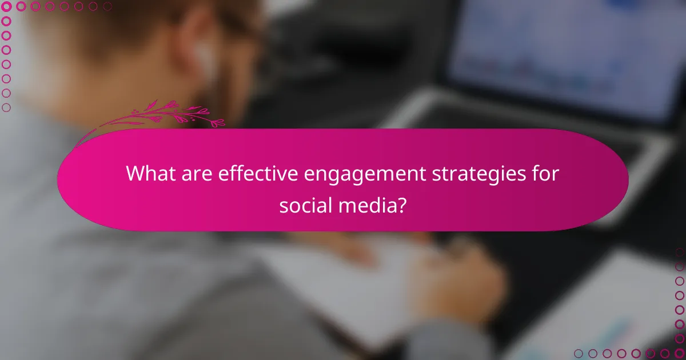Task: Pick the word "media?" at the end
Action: point(371,204)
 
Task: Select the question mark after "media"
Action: point(402,204)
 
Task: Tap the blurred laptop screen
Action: point(566,57)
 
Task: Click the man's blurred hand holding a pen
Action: point(457,274)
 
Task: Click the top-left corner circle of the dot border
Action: point(6,6)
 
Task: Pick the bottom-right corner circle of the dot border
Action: point(680,354)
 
